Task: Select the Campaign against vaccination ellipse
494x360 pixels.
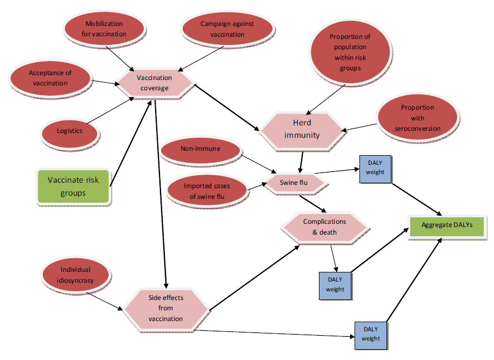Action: coord(226,29)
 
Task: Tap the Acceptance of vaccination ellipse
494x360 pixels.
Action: coord(49,78)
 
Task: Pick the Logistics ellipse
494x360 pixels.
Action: coord(70,130)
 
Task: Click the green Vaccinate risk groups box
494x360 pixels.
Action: coord(74,186)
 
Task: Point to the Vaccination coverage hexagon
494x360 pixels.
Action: coord(155,83)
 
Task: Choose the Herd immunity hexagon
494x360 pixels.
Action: coord(302,129)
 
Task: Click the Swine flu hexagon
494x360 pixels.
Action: coord(293,183)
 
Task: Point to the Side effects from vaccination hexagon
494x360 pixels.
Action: coord(165,308)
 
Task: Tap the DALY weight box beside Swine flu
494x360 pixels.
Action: coord(375,168)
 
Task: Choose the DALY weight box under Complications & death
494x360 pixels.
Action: coord(335,285)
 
